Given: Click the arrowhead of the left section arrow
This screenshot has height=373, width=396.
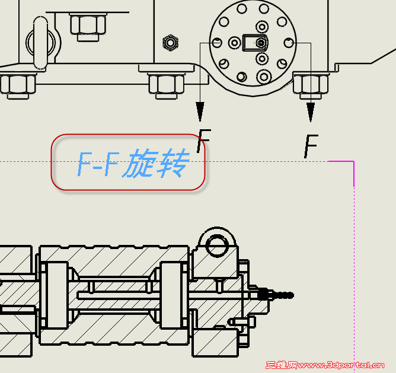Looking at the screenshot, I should pyautogui.click(x=200, y=111).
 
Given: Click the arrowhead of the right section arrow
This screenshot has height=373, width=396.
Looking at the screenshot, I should pyautogui.click(x=310, y=111).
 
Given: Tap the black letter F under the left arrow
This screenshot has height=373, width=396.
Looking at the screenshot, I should pyautogui.click(x=203, y=142).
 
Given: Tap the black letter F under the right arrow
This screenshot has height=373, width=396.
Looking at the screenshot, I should pyautogui.click(x=311, y=146).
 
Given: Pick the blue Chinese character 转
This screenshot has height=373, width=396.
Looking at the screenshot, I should pyautogui.click(x=171, y=164).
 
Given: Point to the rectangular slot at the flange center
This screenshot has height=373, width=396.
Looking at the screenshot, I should pyautogui.click(x=256, y=42).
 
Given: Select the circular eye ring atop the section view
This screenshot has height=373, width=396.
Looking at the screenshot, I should pyautogui.click(x=216, y=244).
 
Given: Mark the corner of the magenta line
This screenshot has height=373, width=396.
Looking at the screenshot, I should pyautogui.click(x=353, y=161).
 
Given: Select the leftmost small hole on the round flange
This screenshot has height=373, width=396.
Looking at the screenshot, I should pyautogui.click(x=218, y=43).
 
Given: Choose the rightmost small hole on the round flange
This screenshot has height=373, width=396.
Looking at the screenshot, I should pyautogui.click(x=289, y=43).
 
